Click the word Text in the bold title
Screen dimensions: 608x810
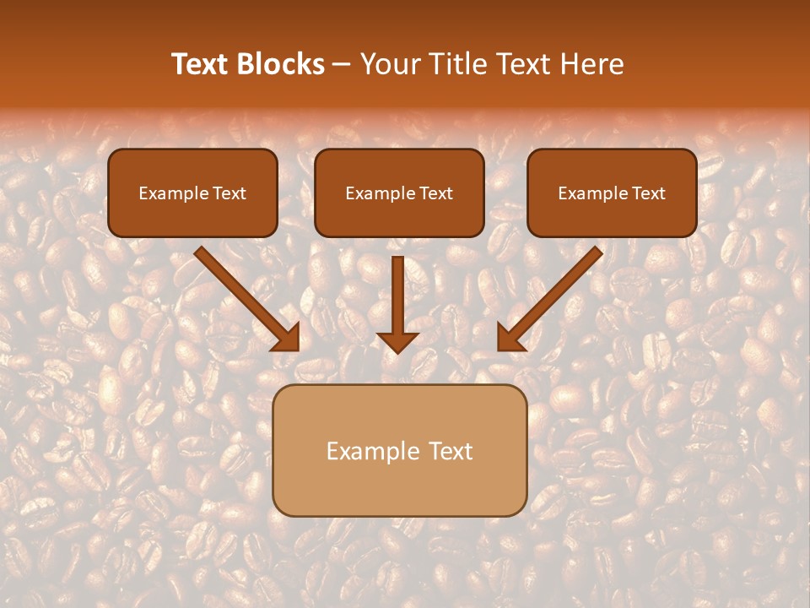click(199, 64)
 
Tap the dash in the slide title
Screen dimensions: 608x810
click(342, 65)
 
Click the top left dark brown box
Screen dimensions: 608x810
click(192, 193)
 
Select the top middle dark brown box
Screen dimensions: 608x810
click(399, 193)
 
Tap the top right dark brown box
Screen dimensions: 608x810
click(612, 193)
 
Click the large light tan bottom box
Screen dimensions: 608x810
click(399, 450)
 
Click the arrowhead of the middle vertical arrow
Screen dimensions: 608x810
click(397, 341)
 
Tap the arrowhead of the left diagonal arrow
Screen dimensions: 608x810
click(287, 338)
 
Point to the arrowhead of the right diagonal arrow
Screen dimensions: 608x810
click(510, 338)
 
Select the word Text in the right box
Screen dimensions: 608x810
click(649, 193)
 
